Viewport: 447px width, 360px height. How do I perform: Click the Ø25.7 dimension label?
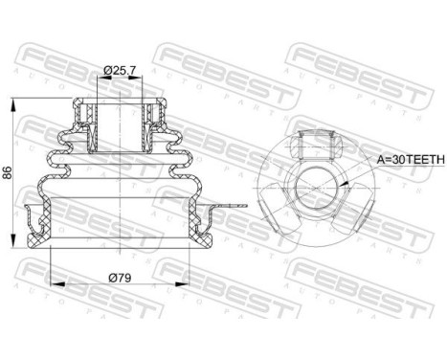click(119, 69)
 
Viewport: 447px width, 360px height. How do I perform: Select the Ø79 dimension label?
click(120, 278)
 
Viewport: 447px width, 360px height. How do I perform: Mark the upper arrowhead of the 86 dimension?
click(13, 100)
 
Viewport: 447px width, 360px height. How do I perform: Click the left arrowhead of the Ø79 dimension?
click(52, 284)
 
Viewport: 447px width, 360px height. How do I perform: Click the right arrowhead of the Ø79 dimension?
click(196, 284)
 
